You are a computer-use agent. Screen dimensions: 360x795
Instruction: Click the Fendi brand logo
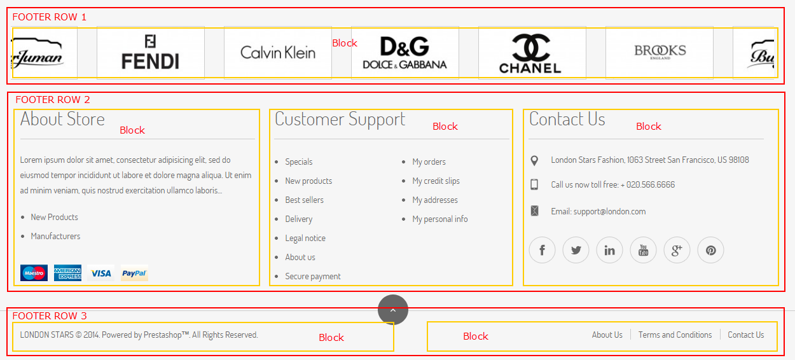[150, 52]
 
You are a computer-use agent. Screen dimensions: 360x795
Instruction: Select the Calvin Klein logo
[278, 52]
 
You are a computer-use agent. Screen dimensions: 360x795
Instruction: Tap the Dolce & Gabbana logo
[404, 53]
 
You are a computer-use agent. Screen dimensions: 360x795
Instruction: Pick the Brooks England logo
[660, 52]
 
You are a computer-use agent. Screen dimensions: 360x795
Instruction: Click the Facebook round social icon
[543, 250]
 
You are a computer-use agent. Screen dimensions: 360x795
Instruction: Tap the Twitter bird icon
[576, 250]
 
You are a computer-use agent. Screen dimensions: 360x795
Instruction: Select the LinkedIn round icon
[610, 250]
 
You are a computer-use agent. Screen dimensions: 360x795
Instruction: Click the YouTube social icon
[644, 250]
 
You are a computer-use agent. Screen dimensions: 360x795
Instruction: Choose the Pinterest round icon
[710, 250]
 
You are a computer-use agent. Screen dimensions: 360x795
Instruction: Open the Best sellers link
[304, 200]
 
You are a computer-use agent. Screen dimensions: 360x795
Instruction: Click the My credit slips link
[436, 181]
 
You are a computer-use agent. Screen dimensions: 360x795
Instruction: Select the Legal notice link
[305, 238]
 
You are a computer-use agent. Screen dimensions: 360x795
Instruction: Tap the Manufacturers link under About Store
[55, 236]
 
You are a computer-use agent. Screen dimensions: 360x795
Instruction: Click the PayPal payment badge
[134, 273]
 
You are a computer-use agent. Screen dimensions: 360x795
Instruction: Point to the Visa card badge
[101, 273]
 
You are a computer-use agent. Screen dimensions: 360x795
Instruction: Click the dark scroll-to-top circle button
[393, 310]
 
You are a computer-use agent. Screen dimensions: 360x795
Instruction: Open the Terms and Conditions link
[675, 335]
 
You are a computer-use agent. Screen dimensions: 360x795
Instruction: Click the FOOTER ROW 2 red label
[53, 100]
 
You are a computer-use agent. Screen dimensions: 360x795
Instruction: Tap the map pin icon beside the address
[534, 161]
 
